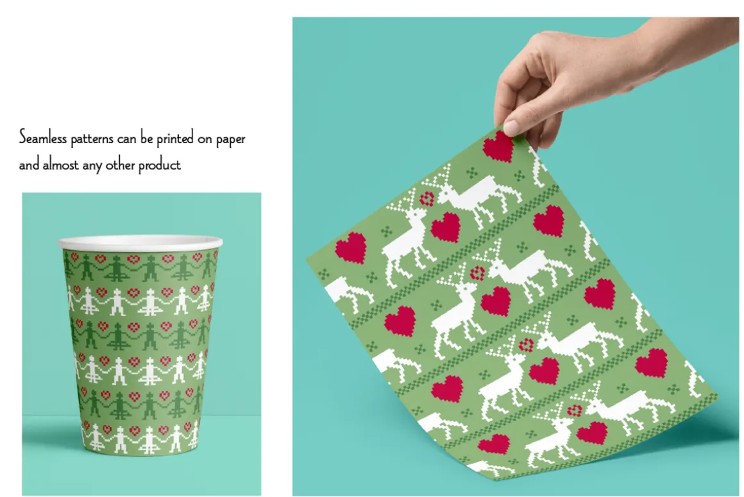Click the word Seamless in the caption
point(43,137)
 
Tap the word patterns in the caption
point(92,139)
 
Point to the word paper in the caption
point(231,140)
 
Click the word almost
point(61,164)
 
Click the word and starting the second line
point(30,164)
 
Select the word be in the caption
point(147,138)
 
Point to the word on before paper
point(205,140)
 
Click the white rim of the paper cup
point(140,242)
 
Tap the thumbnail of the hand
point(511,127)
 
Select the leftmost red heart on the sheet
point(351,248)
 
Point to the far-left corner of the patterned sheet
point(307,260)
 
